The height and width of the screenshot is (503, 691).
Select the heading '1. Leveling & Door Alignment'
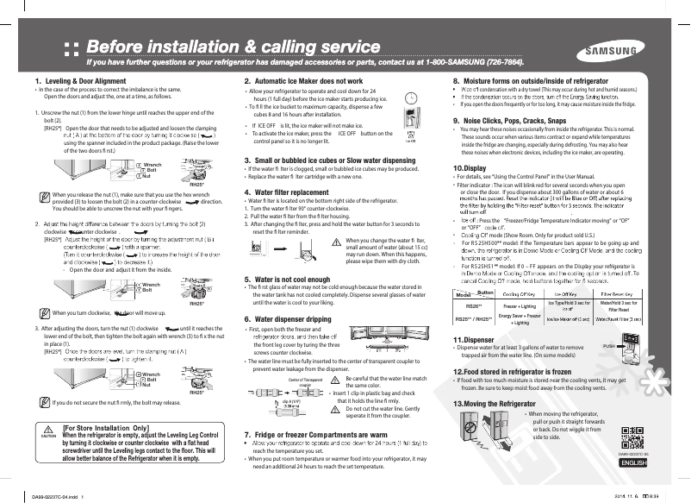[72, 81]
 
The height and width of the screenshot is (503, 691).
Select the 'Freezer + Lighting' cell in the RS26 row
[517, 306]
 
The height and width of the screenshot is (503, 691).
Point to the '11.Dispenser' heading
[476, 340]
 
